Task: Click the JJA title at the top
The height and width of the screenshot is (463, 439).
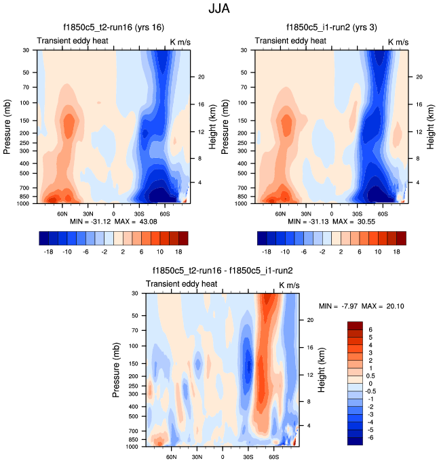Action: [x=220, y=11]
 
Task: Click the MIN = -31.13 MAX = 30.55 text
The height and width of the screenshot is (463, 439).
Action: [x=331, y=222]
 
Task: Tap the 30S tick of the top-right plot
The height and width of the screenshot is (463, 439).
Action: [x=357, y=213]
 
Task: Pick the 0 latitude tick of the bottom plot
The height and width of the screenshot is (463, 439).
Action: [x=222, y=456]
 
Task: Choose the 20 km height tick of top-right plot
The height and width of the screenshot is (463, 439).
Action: [x=419, y=77]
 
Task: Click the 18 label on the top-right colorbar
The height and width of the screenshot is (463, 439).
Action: [x=398, y=250]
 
